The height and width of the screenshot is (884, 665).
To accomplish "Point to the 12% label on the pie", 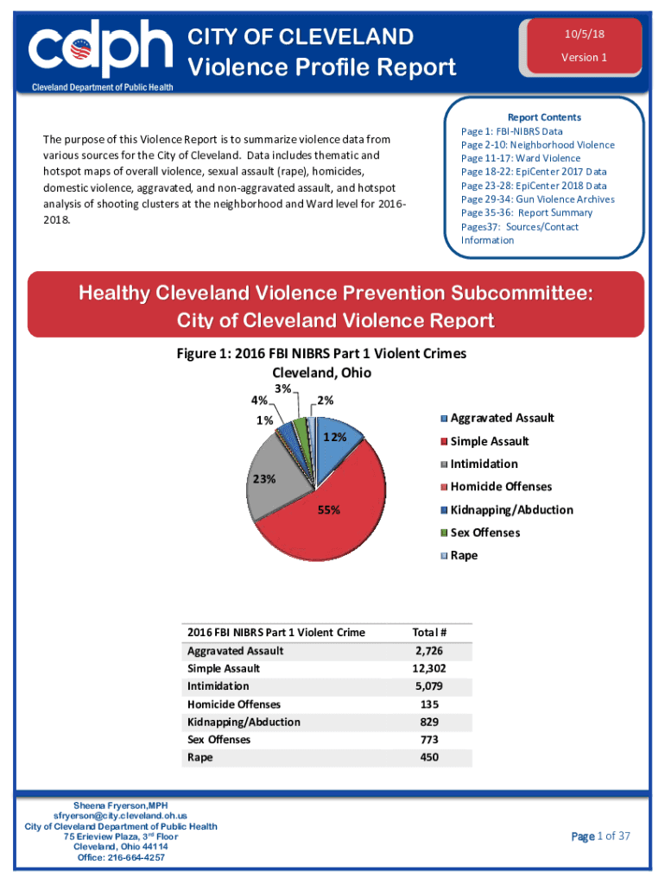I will point(334,437).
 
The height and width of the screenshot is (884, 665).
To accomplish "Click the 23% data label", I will point(263,478).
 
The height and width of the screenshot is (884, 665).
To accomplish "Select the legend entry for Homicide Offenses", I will point(501,487).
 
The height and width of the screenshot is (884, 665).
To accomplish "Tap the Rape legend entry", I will point(464,555).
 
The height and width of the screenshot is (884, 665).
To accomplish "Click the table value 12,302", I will point(429,668).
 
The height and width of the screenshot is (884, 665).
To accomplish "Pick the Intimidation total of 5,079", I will point(429,686).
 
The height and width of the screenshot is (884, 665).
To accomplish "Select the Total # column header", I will point(429,632).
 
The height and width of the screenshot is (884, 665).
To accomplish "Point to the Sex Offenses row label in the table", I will point(218,740).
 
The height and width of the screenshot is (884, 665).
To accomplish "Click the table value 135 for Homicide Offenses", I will point(429,704).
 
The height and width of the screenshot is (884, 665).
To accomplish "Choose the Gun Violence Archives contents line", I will point(538,199).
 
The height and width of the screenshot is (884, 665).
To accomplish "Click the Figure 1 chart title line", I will point(320,353).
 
